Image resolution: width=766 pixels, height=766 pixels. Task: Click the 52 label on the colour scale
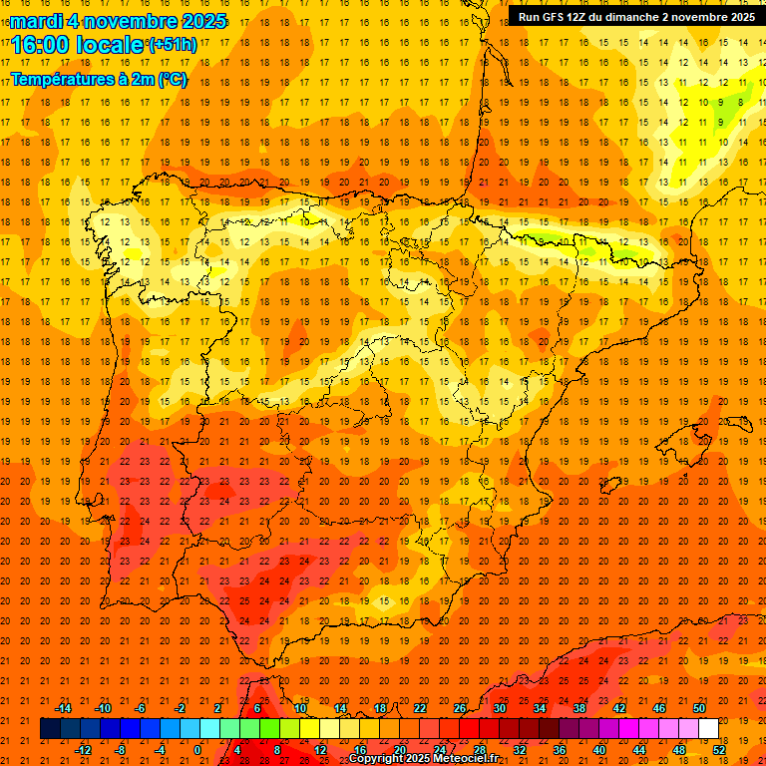tap(719, 750)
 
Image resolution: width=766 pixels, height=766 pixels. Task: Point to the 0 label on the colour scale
tap(197, 750)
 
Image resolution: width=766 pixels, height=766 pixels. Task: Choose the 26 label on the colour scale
tap(460, 708)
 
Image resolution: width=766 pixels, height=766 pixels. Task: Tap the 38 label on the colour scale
tap(579, 708)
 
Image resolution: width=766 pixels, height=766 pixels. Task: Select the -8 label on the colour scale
tap(121, 750)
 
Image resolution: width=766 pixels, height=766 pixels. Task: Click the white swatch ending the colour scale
tap(709, 729)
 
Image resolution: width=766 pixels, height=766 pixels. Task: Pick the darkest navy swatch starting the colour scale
tap(50, 729)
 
